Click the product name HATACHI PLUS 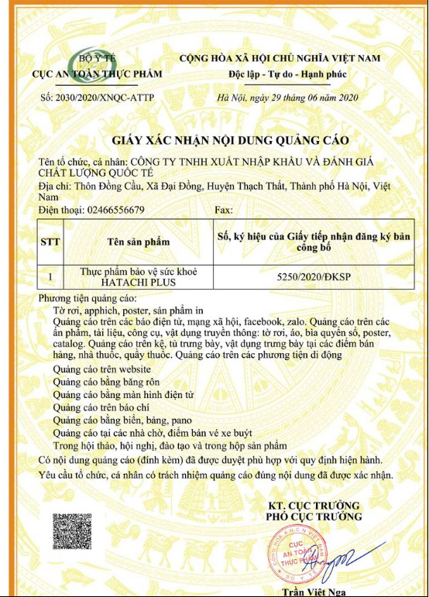pyautogui.click(x=139, y=282)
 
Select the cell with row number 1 pyautogui.click(x=51, y=276)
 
